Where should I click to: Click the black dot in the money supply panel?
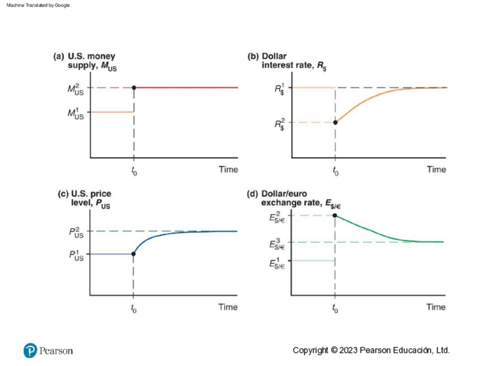pos(134,87)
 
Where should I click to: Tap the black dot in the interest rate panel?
pos(335,122)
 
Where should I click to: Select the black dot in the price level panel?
pos(134,254)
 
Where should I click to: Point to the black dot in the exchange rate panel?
pos(334,216)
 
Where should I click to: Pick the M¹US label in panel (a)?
pos(75,113)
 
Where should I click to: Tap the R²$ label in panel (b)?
pos(280,123)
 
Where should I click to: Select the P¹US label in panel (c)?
pos(75,255)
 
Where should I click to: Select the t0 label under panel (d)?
pos(335,308)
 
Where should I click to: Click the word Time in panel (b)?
pos(436,169)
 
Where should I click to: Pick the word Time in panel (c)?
pos(228,307)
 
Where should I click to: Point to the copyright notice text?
pos(371,350)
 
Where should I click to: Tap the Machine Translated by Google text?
pos(39,5)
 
